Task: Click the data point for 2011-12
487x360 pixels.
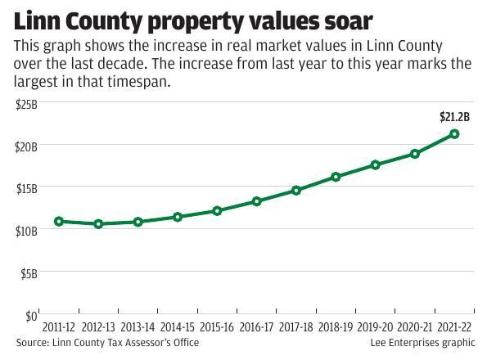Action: click(58, 221)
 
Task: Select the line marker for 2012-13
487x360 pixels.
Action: click(98, 223)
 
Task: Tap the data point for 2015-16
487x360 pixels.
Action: click(217, 210)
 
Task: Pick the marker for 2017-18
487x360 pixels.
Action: click(296, 190)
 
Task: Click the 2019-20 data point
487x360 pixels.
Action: click(376, 164)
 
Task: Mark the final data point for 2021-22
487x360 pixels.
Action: click(454, 133)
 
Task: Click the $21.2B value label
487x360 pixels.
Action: click(454, 117)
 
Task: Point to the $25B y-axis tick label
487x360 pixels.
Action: click(26, 103)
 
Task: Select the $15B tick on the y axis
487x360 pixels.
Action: click(26, 188)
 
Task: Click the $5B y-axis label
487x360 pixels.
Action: click(28, 273)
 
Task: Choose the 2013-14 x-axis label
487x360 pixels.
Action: click(138, 327)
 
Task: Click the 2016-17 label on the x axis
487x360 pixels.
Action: click(256, 327)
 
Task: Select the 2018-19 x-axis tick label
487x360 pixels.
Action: click(336, 327)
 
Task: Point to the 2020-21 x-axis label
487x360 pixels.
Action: click(415, 327)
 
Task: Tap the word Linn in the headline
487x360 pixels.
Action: click(42, 20)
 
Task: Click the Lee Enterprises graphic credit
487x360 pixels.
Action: click(422, 343)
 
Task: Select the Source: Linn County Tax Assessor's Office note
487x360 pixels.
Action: click(107, 343)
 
